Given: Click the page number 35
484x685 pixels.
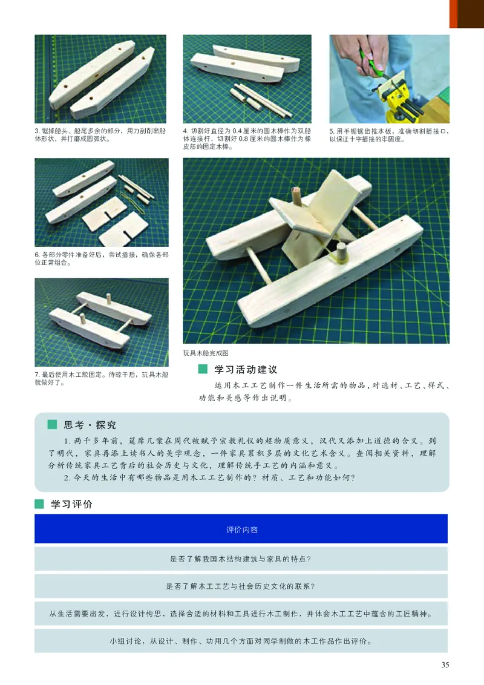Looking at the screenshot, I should (x=445, y=666).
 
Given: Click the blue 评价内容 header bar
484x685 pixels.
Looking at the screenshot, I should (x=241, y=529).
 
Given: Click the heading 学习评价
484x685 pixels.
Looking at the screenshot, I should (x=71, y=503).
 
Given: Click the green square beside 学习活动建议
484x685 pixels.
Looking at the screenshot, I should (x=203, y=369).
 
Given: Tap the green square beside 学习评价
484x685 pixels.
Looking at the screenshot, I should (x=40, y=503).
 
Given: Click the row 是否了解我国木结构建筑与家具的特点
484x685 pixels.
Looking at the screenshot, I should (x=241, y=559).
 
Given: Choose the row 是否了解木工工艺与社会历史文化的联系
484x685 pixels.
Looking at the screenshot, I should (x=241, y=586).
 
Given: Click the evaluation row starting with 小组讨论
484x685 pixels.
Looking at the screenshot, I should (x=241, y=641).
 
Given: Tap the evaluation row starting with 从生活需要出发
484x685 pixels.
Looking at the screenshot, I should (x=241, y=614).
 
